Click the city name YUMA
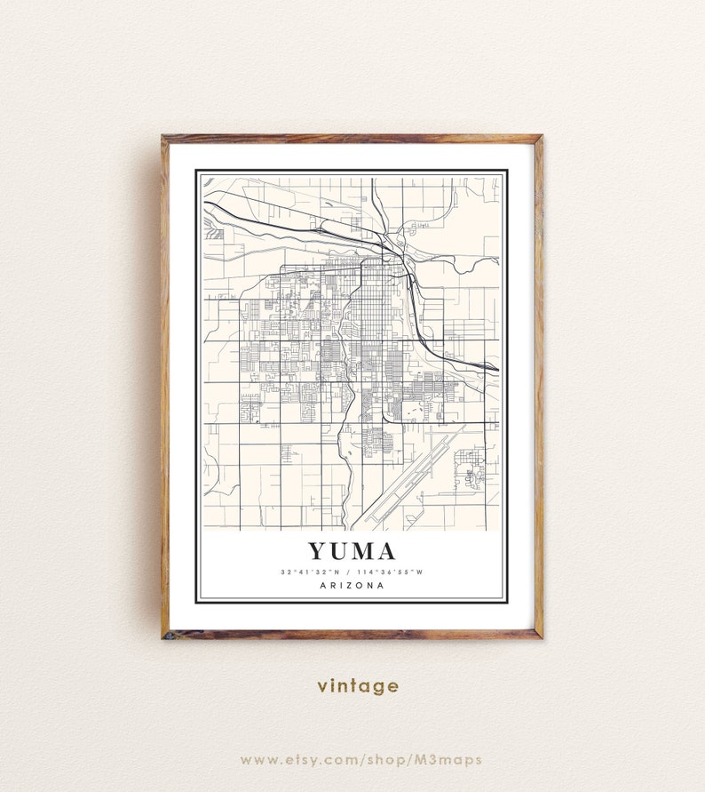pyautogui.click(x=352, y=552)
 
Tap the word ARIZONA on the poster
pyautogui.click(x=352, y=586)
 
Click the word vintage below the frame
pyautogui.click(x=357, y=686)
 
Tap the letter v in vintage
pyautogui.click(x=321, y=687)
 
